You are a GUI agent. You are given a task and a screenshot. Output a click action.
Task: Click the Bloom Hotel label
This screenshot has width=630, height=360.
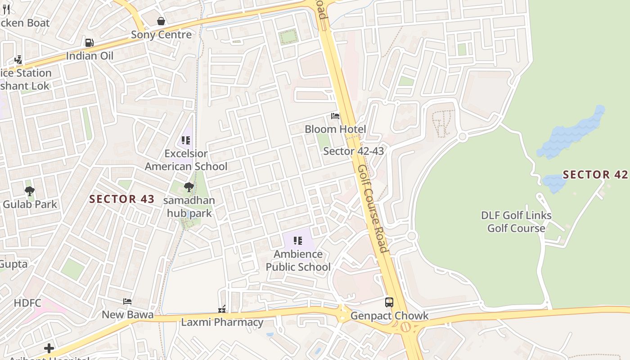point(335,129)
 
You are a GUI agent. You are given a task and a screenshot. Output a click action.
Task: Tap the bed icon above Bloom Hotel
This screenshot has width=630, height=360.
point(335,116)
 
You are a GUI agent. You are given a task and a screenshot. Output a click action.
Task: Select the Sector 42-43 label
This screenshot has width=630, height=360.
point(354,151)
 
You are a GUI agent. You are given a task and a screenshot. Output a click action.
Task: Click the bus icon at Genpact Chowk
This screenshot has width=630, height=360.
point(389,302)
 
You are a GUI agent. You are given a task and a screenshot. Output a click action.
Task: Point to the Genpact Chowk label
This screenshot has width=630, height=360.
point(389,316)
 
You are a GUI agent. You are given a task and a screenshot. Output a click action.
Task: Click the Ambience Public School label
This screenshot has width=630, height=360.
point(298,261)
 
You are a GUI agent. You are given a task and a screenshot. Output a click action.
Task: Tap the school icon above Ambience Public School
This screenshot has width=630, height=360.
point(297,241)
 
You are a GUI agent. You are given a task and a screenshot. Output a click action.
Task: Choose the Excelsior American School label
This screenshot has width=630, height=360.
point(186,160)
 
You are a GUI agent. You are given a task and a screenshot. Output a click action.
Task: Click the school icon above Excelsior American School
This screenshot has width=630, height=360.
point(186,140)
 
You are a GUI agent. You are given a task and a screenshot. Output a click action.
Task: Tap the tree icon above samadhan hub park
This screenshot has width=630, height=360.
point(189,187)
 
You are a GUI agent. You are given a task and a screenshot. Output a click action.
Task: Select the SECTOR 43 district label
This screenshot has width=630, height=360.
point(122,199)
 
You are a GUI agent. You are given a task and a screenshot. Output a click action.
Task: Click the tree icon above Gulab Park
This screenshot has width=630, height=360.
point(30,191)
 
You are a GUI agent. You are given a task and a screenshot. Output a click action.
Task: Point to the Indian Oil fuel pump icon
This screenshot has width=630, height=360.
point(90,43)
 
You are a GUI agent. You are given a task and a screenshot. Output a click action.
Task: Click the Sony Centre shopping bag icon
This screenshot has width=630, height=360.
point(161,21)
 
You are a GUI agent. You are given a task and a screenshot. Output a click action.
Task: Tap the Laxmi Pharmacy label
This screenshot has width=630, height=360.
point(222,322)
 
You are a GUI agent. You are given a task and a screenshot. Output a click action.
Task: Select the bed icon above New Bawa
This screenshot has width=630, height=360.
point(127,301)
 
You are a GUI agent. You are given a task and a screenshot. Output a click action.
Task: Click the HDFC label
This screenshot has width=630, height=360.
point(27,303)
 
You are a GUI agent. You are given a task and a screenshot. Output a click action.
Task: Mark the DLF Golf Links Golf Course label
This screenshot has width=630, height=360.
point(516,222)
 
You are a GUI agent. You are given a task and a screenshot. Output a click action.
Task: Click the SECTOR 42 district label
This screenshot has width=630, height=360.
point(595,175)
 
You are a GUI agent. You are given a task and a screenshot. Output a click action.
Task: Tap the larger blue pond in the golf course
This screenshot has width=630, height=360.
point(571,133)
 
